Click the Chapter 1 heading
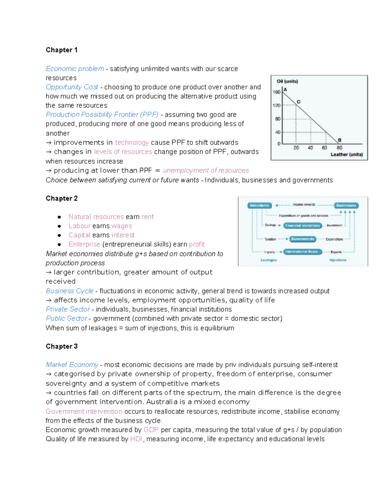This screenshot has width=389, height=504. [62, 50]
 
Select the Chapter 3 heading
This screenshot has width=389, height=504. [62, 346]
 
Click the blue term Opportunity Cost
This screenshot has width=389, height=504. [72, 87]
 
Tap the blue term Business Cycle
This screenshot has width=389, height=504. [69, 291]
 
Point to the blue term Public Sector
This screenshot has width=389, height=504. [66, 318]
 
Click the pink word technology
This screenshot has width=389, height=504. [132, 142]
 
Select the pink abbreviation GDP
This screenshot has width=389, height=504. [151, 430]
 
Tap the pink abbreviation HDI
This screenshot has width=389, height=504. [136, 439]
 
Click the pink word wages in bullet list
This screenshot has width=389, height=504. [122, 226]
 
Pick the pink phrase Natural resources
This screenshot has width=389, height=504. [96, 217]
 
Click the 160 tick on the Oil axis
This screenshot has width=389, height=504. [276, 92]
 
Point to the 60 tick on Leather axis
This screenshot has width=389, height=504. [324, 148]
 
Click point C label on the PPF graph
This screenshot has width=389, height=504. [299, 102]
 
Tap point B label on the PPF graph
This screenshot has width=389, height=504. [339, 140]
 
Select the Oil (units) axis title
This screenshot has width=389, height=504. [287, 81]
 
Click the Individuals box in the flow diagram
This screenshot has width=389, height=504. [259, 205]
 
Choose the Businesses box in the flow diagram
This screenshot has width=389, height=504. [346, 205]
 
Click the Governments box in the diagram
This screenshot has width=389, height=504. [302, 239]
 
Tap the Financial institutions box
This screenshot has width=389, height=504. [302, 226]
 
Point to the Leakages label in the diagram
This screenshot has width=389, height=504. [268, 260]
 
